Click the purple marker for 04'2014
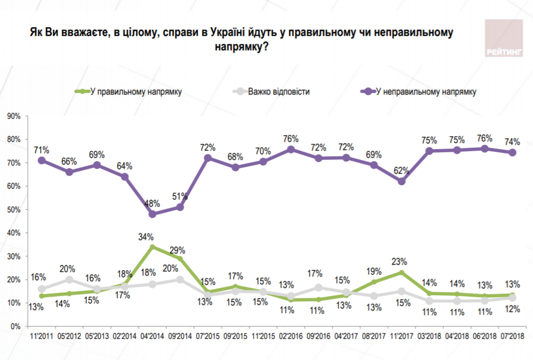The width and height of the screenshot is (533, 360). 152,214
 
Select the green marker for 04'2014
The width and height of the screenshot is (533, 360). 152,247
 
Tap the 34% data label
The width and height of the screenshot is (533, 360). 146,236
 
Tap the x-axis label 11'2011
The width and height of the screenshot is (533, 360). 42,336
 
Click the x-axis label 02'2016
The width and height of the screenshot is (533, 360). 290,336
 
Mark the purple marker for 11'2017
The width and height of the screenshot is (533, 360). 401,181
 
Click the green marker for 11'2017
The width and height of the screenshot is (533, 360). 401,272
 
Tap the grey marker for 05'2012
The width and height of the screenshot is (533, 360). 69,279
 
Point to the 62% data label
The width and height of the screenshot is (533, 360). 401,170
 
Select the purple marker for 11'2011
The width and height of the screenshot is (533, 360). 42,160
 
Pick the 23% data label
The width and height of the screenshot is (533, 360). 400,261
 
